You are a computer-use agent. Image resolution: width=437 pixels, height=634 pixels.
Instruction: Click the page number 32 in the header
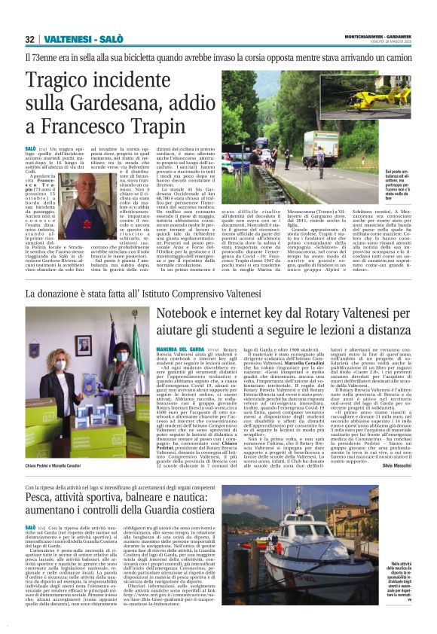[29, 39]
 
